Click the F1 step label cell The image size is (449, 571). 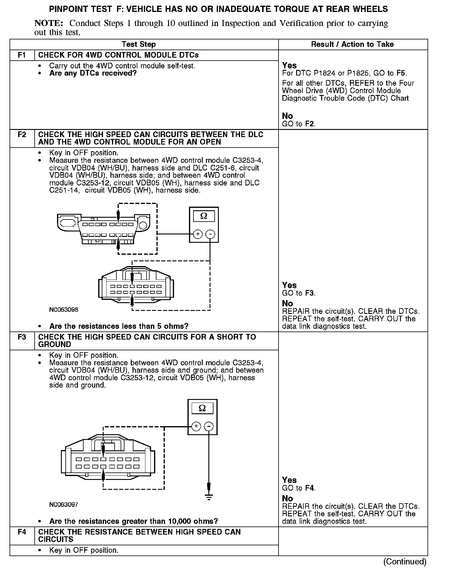pos(22,55)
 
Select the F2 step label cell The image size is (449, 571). pos(22,135)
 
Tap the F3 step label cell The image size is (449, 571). pos(22,337)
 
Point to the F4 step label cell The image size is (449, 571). pos(22,532)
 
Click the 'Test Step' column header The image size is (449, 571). pos(139,44)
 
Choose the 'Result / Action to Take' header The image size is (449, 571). pos(352,44)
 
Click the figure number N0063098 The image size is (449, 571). pos(64,310)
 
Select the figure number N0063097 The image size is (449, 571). pos(64,504)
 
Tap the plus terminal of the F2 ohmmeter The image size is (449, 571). pos(198,234)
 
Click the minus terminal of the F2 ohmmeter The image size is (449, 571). pos(210,234)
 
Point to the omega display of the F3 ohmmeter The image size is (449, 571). pos(202,408)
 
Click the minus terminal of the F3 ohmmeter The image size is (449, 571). pos(209,426)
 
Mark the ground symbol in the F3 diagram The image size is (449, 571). pos(209,497)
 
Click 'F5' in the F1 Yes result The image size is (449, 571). pos(401,73)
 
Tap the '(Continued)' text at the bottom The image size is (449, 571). pos(405,561)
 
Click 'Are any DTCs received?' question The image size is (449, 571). pos(93,73)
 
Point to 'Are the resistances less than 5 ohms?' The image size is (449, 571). pos(119,326)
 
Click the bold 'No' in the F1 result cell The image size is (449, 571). pos(287,116)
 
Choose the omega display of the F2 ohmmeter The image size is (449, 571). pos(204,216)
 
